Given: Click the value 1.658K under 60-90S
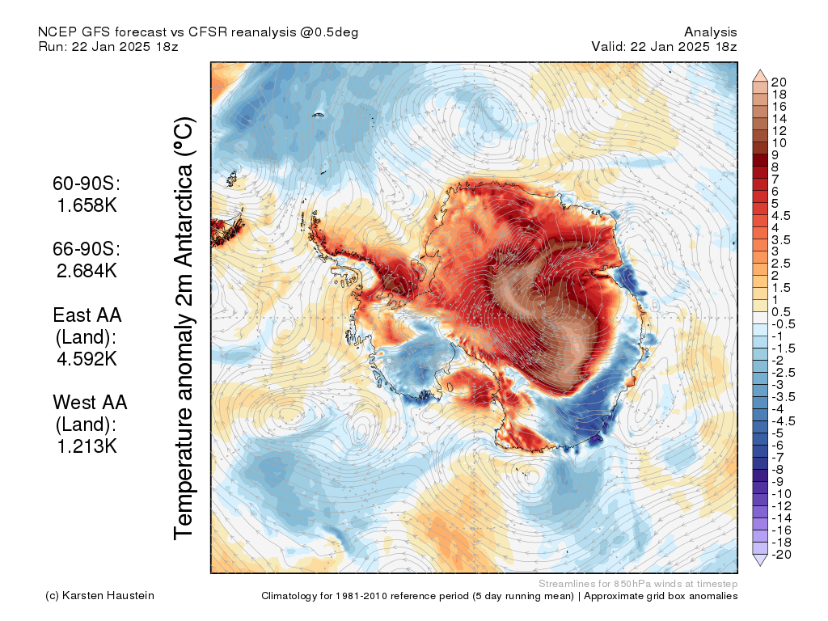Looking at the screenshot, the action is click(x=87, y=205).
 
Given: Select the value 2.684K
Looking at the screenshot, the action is click(x=87, y=271).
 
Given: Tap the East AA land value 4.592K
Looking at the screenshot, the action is click(x=87, y=358).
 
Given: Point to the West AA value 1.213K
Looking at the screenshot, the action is click(x=87, y=446).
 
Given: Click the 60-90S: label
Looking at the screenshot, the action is click(x=87, y=184).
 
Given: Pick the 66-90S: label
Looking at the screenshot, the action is click(x=87, y=249).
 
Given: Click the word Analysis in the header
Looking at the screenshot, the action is click(x=710, y=32).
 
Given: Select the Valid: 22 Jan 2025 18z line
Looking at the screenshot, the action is click(x=664, y=46).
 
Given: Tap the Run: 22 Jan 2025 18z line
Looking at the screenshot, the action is click(x=108, y=46).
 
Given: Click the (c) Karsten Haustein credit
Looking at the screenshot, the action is click(x=99, y=595).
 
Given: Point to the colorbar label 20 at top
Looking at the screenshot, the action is click(x=779, y=82).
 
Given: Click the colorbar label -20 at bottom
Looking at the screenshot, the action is click(x=782, y=555).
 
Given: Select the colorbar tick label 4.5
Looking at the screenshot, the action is click(x=781, y=216).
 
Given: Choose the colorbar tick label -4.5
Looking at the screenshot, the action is click(x=783, y=420).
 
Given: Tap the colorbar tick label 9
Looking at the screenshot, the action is click(x=775, y=155).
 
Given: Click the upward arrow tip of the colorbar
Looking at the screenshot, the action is click(x=760, y=70).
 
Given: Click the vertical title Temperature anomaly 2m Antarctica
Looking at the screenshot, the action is click(x=184, y=328).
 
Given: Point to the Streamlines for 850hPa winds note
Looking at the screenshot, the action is click(x=638, y=584).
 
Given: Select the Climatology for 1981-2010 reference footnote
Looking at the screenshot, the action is click(x=499, y=596).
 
